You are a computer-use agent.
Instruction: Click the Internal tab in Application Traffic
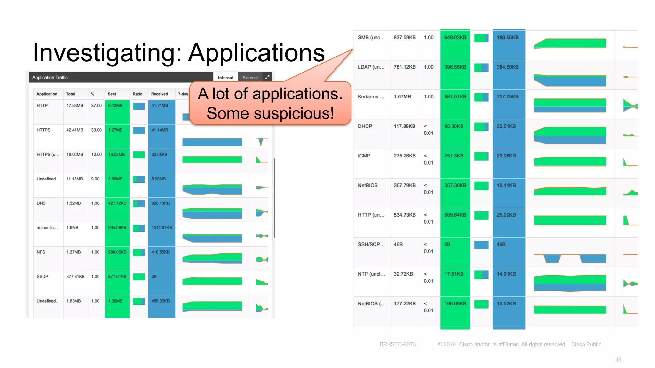click(x=225, y=78)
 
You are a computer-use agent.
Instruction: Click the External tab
click(x=250, y=78)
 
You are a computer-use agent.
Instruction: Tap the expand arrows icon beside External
click(x=267, y=77)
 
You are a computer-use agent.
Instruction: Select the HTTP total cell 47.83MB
click(x=75, y=106)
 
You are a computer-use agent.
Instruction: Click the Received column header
click(x=159, y=94)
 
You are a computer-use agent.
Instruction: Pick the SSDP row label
click(x=43, y=277)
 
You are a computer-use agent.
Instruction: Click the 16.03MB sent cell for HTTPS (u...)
click(x=116, y=155)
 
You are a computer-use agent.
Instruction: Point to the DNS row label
click(x=41, y=203)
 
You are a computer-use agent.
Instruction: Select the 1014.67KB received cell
click(x=162, y=228)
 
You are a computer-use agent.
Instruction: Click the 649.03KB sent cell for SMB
click(x=455, y=38)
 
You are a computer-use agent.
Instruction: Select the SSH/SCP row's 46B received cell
click(x=501, y=245)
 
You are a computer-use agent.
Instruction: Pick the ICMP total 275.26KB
click(x=405, y=156)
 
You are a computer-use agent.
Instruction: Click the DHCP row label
click(x=365, y=126)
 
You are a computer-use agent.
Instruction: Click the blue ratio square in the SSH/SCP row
click(x=481, y=245)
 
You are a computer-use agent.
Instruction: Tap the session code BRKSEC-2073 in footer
click(x=398, y=344)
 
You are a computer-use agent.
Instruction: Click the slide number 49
click(x=618, y=360)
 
